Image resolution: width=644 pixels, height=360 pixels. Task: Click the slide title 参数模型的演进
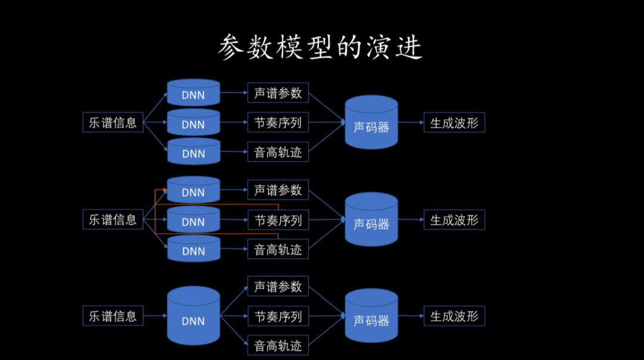(320, 47)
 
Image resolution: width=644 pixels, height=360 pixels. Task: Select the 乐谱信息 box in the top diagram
(113, 122)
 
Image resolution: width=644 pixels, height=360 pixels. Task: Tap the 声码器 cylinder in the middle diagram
(371, 219)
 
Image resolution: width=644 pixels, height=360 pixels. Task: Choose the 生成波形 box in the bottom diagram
(454, 316)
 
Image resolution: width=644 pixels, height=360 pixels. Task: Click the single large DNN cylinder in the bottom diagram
(193, 316)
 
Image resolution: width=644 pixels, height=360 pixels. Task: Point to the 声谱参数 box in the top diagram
(278, 93)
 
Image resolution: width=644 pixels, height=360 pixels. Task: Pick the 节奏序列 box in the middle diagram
(278, 220)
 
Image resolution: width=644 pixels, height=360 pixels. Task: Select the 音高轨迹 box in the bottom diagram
(278, 346)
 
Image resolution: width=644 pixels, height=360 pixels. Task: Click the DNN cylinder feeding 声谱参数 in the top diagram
(193, 93)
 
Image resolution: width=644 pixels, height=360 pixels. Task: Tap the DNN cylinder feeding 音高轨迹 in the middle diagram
(193, 249)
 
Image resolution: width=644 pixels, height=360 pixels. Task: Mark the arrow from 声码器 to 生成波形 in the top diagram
(411, 122)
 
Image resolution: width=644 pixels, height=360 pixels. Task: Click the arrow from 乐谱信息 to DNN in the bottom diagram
(155, 316)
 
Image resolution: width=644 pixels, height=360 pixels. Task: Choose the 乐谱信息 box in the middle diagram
(113, 219)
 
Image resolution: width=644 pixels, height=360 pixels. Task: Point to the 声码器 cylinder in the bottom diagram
(371, 316)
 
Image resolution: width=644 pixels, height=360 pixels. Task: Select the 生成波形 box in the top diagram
(454, 122)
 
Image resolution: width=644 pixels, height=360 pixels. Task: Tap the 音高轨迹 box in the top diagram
(278, 152)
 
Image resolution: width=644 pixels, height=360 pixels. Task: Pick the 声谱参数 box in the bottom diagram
(278, 286)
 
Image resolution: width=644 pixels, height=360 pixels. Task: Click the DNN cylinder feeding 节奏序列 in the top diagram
(193, 122)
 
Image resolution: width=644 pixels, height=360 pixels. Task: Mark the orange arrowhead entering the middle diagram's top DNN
(165, 190)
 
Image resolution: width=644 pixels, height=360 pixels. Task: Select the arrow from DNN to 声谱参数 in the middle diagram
(234, 190)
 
